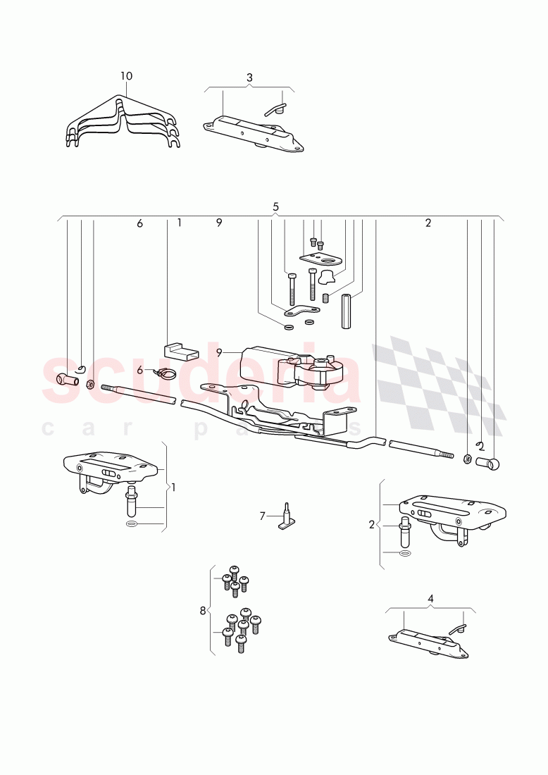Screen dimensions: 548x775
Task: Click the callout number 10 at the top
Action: (126, 76)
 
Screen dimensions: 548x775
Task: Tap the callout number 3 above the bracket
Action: (249, 77)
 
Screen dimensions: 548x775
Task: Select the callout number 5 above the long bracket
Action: (275, 206)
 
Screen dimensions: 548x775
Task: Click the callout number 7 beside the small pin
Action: (263, 516)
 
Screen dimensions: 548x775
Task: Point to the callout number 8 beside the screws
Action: (203, 611)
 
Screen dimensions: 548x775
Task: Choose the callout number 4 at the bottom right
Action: (430, 599)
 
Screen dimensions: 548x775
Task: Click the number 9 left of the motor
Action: (219, 353)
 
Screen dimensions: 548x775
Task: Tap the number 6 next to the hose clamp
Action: (140, 370)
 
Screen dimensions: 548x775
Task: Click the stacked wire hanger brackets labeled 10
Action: (123, 122)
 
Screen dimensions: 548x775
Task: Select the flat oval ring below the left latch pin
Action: (132, 524)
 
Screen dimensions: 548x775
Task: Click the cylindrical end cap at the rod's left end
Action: (67, 380)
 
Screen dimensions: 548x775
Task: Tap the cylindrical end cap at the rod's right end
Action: (488, 464)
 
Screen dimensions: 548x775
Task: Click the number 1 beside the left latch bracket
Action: (173, 488)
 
